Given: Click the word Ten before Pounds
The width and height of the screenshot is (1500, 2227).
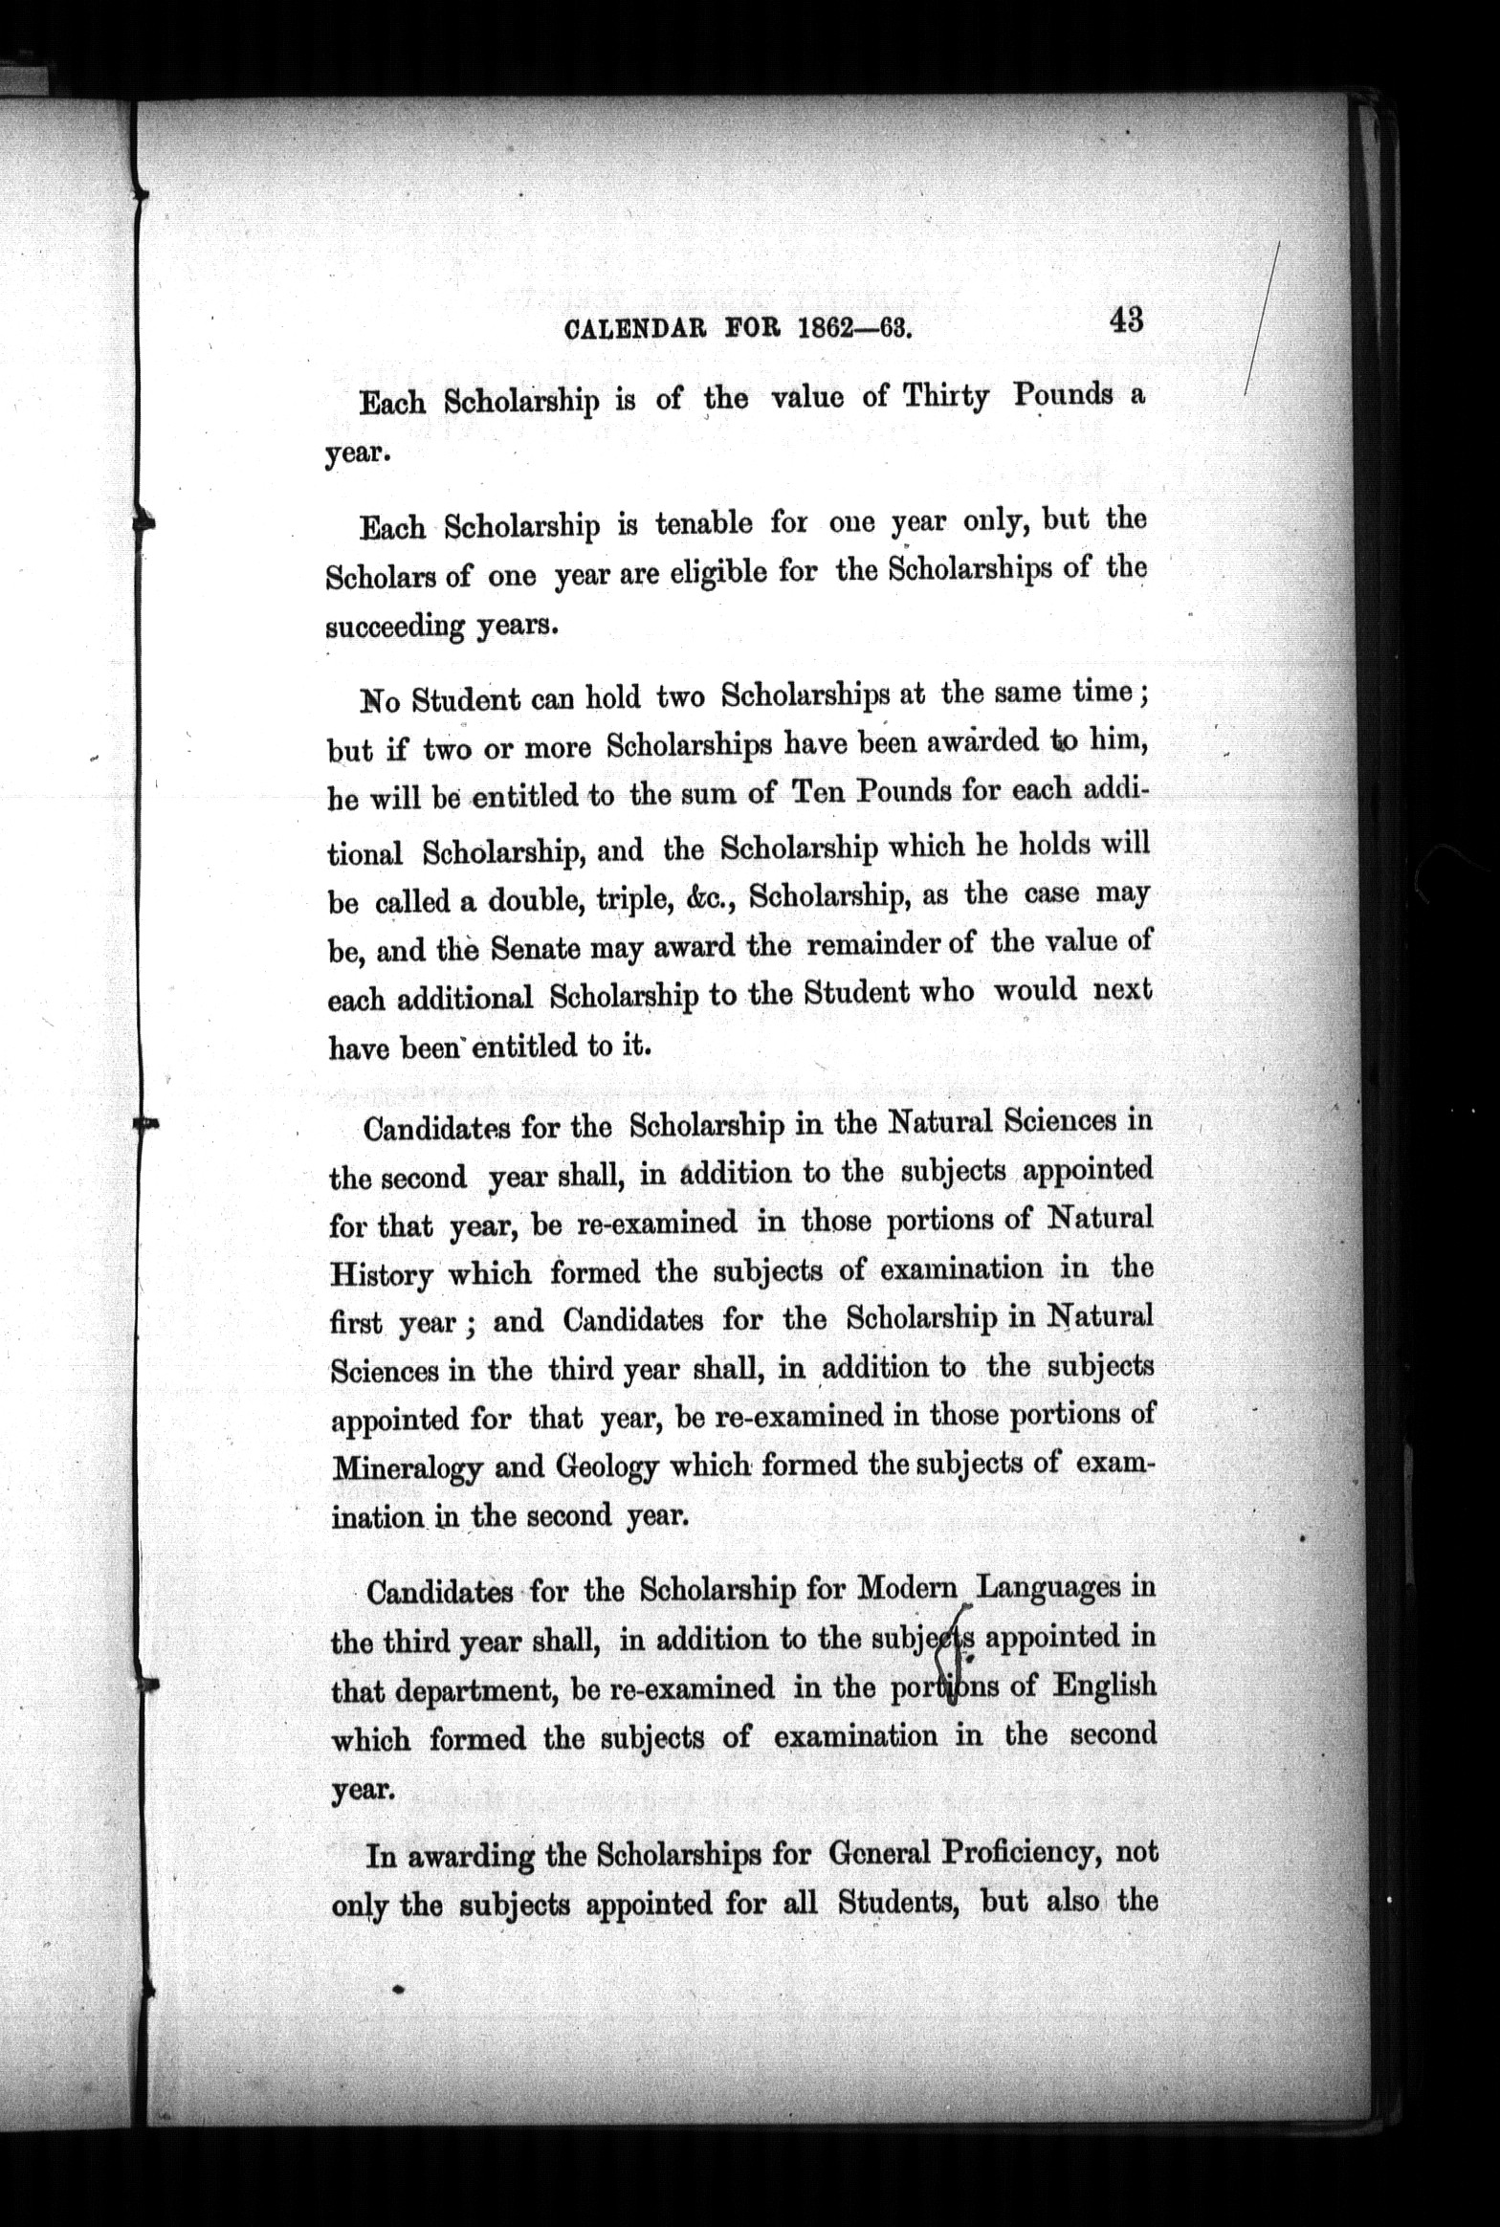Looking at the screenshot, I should [812, 793].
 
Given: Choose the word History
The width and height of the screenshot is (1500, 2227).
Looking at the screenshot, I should [382, 1276].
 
